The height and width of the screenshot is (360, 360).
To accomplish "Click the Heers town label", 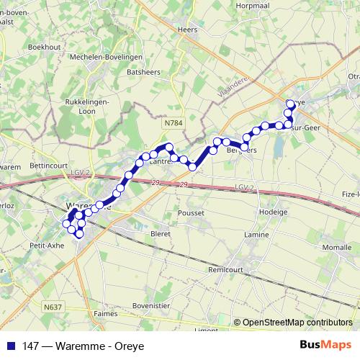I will pos(186,30).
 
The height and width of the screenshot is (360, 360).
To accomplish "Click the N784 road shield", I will pos(173,123).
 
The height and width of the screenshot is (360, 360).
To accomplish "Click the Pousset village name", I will pos(190,213).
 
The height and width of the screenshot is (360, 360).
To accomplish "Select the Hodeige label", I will pos(271,213).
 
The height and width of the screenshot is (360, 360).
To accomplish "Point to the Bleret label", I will pos(159,234).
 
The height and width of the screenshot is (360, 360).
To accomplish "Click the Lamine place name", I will pos(257,235).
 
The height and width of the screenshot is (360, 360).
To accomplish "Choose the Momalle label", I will pos(337,247).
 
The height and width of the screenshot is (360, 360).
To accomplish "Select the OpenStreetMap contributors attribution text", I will pos(297,323).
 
